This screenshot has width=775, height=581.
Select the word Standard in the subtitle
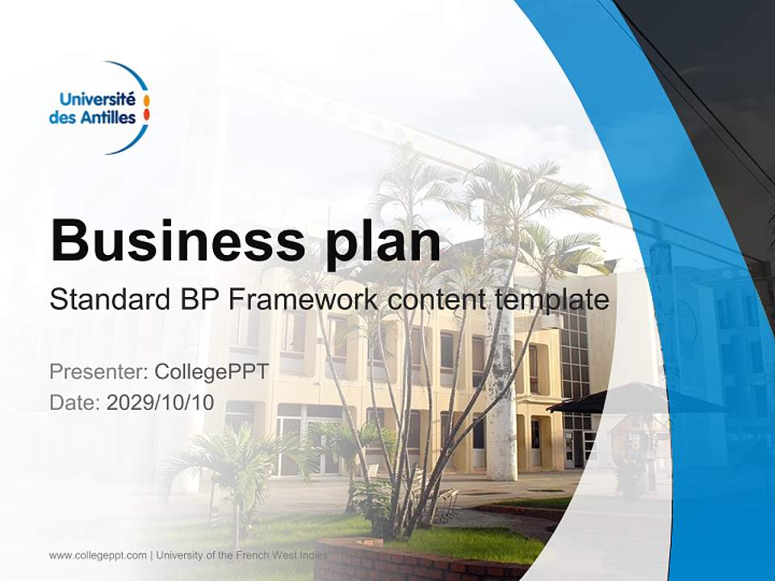click(x=107, y=300)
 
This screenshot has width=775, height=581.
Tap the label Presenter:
click(x=97, y=372)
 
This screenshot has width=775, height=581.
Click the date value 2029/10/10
click(x=160, y=403)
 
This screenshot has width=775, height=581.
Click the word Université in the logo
click(x=97, y=99)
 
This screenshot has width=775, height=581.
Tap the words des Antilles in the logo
click(x=92, y=118)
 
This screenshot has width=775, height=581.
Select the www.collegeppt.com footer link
click(x=98, y=555)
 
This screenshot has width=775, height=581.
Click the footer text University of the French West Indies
click(x=241, y=555)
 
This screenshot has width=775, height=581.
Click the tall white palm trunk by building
click(x=501, y=387)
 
